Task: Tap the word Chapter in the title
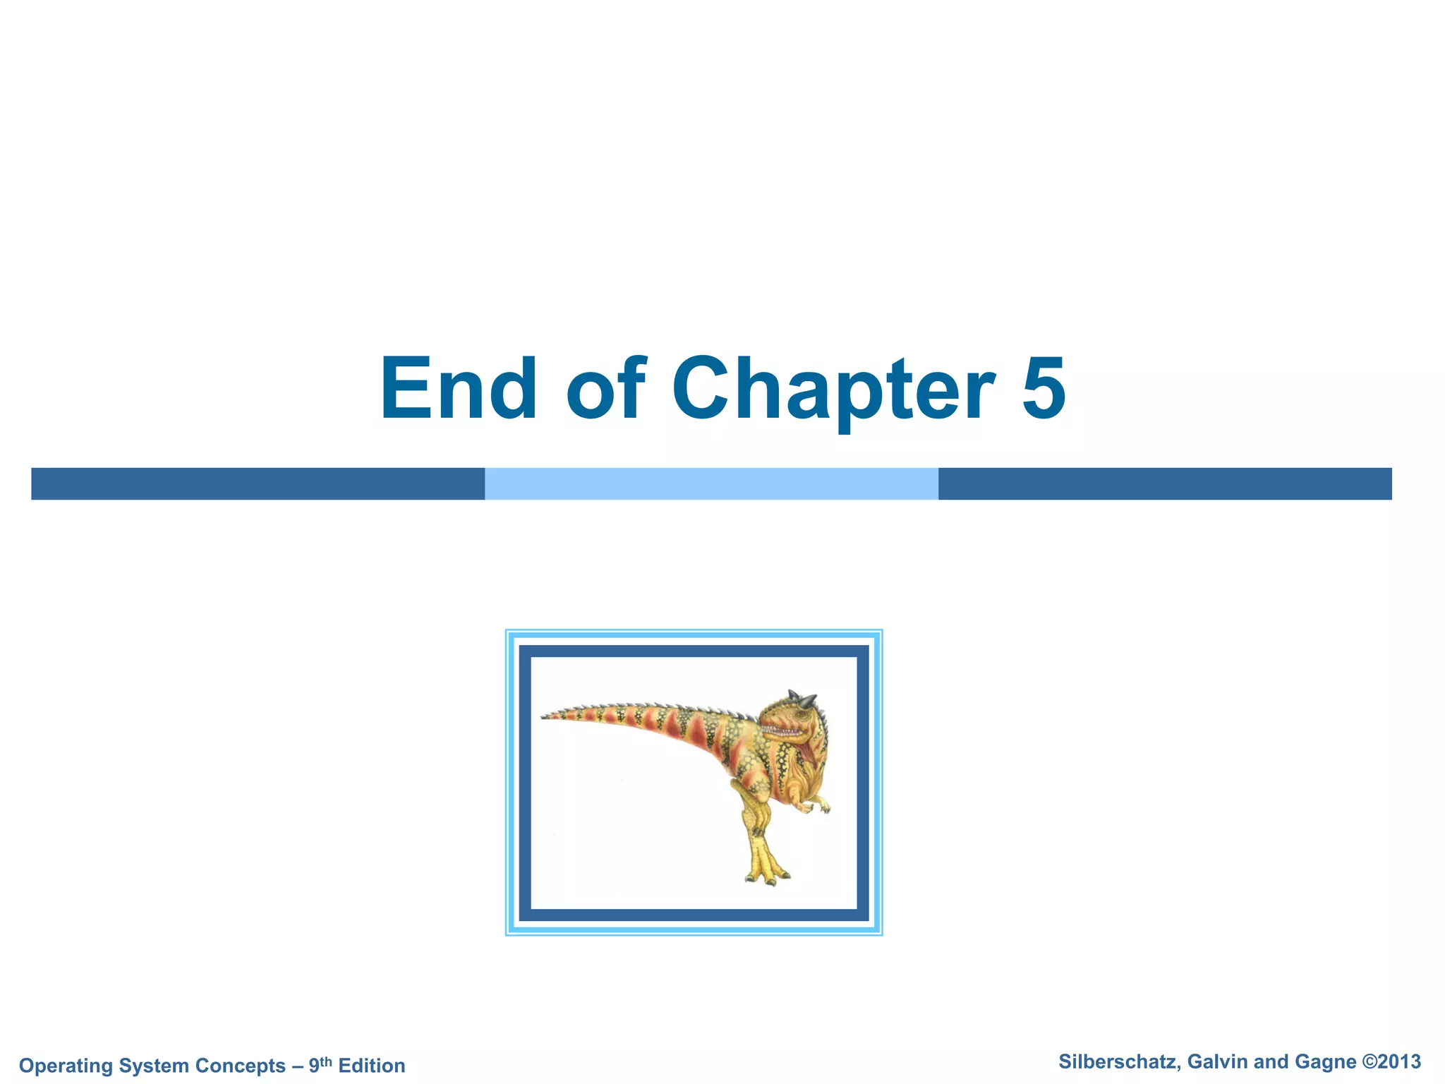click(833, 390)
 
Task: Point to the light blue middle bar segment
click(711, 484)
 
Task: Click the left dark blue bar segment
click(258, 484)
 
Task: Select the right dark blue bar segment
click(1164, 484)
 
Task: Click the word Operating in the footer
click(64, 1066)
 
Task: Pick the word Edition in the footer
click(372, 1066)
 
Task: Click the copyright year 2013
click(1400, 1062)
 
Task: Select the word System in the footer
click(152, 1066)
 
